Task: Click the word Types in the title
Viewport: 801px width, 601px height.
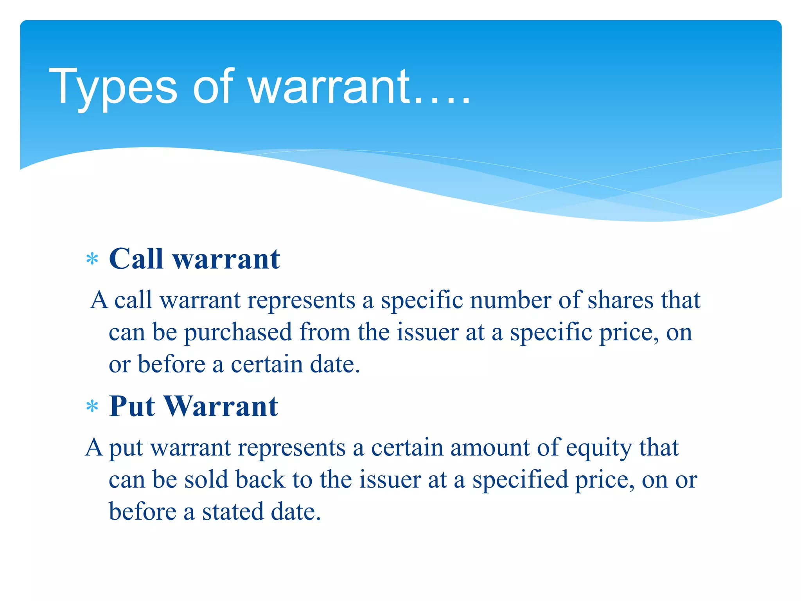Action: [113, 87]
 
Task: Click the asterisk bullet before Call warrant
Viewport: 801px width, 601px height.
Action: [92, 259]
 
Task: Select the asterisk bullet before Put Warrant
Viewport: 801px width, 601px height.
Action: [92, 407]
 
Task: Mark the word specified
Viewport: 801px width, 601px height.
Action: [520, 480]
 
